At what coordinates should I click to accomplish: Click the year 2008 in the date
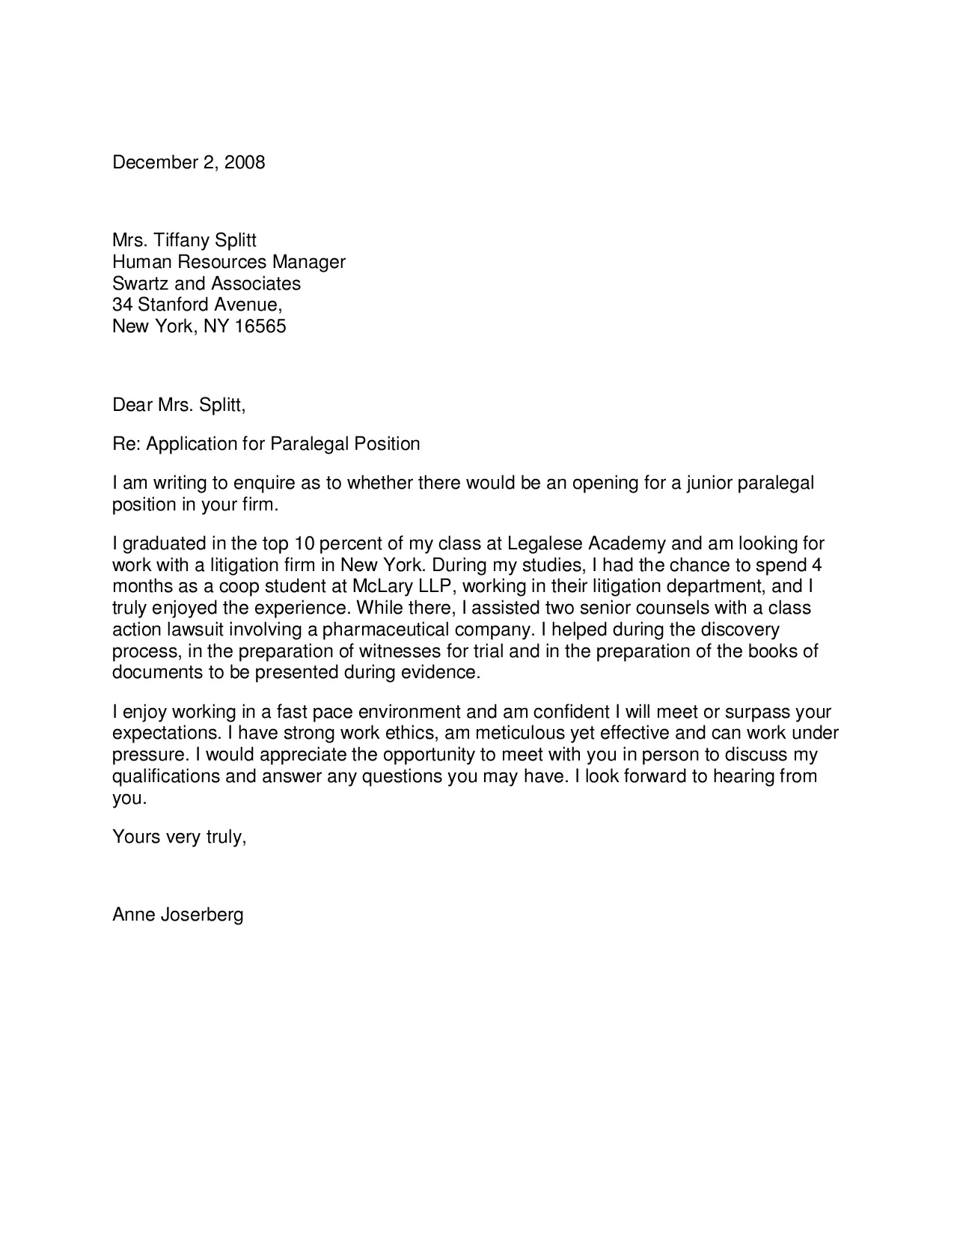point(245,162)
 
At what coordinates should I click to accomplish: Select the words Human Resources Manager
point(228,262)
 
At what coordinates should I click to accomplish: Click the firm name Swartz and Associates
point(206,284)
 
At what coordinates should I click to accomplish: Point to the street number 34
point(122,305)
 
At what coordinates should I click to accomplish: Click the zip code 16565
point(260,326)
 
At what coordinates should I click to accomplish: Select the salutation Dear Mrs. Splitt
point(178,405)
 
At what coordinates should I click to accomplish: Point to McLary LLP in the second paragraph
point(402,586)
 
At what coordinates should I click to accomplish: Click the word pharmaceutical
point(385,629)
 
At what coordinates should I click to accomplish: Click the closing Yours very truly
point(179,836)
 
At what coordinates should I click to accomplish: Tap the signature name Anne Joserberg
point(177,915)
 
